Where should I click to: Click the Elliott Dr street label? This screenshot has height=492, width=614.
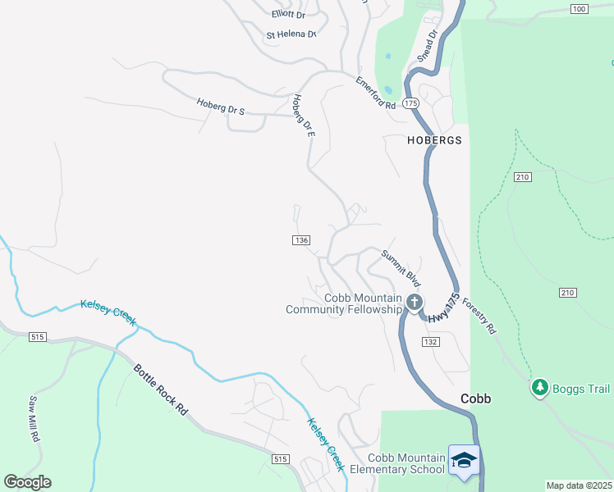pos(288,15)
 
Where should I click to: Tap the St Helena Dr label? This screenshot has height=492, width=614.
pos(291,34)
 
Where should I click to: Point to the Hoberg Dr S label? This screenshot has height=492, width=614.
pos(220,106)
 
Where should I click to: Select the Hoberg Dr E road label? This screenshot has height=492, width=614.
pos(304,116)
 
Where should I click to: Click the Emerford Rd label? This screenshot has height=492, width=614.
pos(376,93)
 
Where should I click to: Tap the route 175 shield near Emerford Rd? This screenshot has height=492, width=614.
pos(411,103)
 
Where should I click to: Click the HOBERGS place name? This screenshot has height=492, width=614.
pos(434,140)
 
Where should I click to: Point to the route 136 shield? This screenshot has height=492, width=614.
pos(300,239)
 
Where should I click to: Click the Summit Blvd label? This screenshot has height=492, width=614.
pos(401,266)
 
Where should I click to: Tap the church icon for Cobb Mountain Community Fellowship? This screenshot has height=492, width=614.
pos(415,302)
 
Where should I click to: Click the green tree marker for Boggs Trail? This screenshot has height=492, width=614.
pos(539,387)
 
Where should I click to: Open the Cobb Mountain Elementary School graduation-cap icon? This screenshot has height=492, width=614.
pos(463,459)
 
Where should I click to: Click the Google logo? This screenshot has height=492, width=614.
pos(27,482)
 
